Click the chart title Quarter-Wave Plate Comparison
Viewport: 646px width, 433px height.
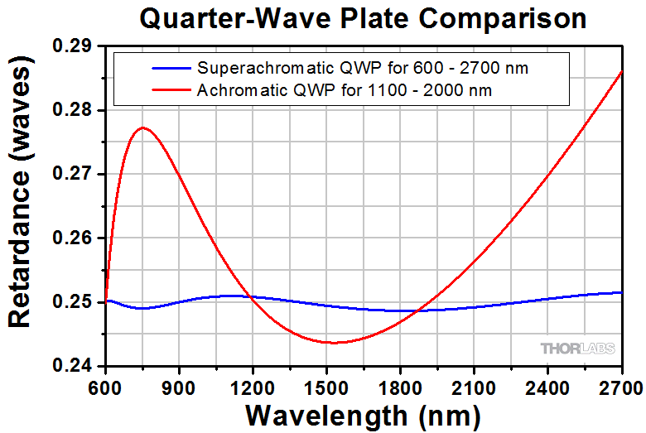click(363, 18)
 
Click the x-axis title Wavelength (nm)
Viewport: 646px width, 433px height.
click(363, 413)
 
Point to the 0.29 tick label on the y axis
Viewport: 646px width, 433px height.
click(75, 46)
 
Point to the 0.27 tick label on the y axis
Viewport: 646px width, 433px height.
click(75, 175)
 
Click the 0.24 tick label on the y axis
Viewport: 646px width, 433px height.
click(75, 366)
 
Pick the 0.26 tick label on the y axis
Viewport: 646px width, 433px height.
click(75, 238)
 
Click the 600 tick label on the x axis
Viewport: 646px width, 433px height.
click(105, 386)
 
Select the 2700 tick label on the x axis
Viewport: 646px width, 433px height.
click(618, 386)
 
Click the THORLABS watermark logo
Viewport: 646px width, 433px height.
click(577, 349)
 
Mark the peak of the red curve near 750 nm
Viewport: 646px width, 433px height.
click(142, 127)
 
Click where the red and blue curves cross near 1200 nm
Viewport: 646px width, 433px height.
click(250, 296)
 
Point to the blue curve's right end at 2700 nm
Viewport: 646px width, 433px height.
click(621, 292)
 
